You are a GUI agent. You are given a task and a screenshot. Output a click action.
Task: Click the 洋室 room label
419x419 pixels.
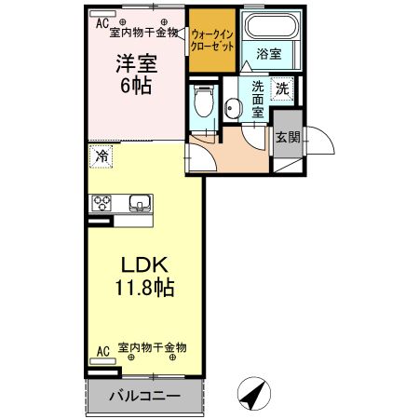pos(135,64)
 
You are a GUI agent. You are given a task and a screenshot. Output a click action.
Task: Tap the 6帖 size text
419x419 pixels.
pos(135,85)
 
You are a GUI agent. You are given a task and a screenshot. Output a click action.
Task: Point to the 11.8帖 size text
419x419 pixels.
pos(142,287)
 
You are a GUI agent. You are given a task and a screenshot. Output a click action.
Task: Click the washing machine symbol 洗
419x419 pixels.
pos(280,90)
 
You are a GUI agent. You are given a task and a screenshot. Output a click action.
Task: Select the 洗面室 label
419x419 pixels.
pos(258,96)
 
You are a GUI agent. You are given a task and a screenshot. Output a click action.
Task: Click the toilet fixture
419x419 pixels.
pos(204,102)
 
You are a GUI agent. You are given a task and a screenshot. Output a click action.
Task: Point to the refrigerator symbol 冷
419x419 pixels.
pos(101,157)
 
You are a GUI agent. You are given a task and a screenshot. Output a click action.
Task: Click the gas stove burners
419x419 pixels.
pos(101,203)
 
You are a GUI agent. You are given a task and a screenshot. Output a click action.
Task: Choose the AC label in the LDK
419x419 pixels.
pos(102,351)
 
